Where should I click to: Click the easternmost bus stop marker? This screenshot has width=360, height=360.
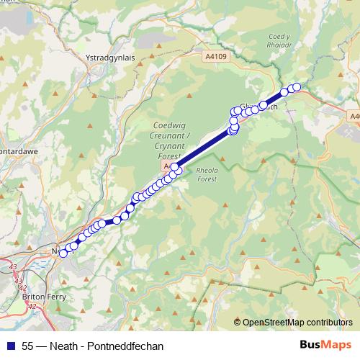pos(296,87)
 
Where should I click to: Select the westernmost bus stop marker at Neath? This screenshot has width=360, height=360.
pos(63,253)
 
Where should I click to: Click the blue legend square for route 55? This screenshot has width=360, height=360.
pos(10,346)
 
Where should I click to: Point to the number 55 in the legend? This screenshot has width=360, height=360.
pos(28,346)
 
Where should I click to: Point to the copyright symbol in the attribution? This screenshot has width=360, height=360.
pos(238,322)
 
